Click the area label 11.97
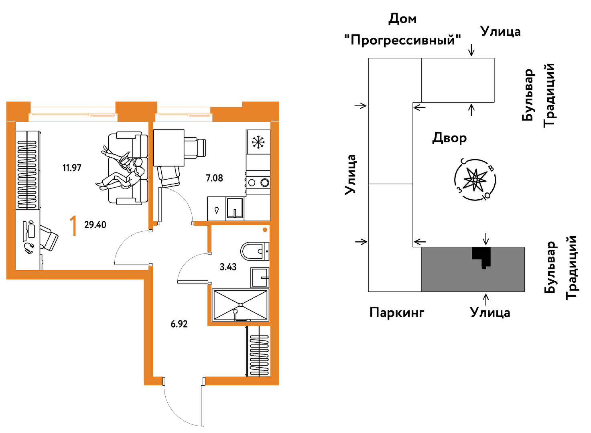(72, 168)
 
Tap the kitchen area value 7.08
(214, 178)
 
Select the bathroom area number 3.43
(228, 267)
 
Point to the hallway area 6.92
(179, 324)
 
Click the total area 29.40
(95, 225)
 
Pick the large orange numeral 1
(73, 226)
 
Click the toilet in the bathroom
(254, 251)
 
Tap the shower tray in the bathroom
(240, 305)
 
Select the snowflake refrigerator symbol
(258, 142)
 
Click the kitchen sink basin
(235, 208)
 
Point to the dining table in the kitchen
(169, 148)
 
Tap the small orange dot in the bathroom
(265, 230)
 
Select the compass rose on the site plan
(475, 179)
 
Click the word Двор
(449, 138)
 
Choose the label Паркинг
(396, 312)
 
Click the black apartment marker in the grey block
(482, 257)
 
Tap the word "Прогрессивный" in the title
(402, 40)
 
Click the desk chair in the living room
(49, 238)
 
